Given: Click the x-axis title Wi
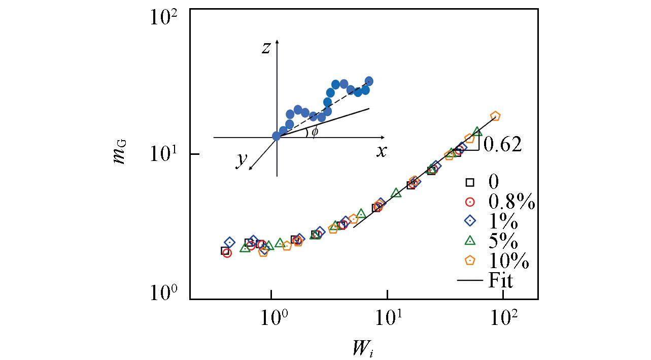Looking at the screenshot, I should tap(363, 348).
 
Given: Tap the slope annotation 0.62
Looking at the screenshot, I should tap(502, 145).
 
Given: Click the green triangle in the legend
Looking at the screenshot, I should tap(470, 241).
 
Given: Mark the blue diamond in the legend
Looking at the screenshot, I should tap(470, 221).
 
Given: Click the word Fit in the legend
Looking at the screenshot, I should tap(500, 280).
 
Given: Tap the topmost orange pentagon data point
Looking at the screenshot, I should tap(495, 116).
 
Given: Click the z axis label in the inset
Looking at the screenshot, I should tap(266, 48).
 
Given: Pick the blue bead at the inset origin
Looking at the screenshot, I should tap(277, 136).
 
